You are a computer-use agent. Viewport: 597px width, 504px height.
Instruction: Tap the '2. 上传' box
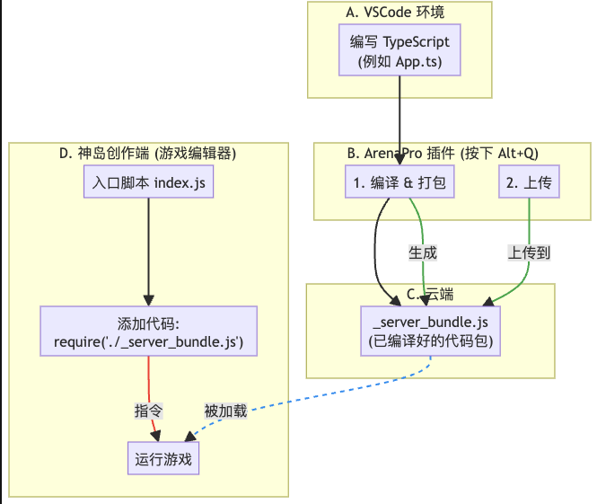tap(529, 183)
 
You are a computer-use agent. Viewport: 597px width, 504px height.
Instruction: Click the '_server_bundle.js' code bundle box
tap(430, 332)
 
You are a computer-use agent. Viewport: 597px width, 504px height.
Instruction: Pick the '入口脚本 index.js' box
tap(148, 183)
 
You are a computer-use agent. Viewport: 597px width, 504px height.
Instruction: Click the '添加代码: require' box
tap(148, 332)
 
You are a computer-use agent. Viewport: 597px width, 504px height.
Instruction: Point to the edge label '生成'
tap(422, 253)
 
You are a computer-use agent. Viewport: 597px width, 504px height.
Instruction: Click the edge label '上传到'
tap(529, 253)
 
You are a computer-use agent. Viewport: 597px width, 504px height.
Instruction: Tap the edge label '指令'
tap(148, 411)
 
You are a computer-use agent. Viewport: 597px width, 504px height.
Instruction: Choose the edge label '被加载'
tap(224, 411)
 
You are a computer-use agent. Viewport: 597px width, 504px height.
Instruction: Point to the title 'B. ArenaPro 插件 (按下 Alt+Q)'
tap(442, 154)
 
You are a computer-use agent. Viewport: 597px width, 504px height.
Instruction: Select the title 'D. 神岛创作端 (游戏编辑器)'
tap(147, 154)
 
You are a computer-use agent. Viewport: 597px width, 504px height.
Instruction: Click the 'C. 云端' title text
tap(430, 295)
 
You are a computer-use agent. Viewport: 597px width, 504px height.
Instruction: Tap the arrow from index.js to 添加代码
tap(148, 252)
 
